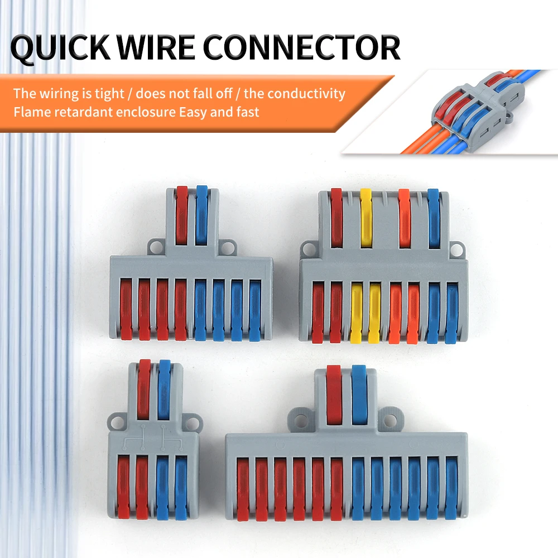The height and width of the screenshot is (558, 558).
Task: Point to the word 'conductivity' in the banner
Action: [x=310, y=93]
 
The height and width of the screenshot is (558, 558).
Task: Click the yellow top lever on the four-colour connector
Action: [x=366, y=217]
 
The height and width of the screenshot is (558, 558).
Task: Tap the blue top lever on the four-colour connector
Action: [x=434, y=217]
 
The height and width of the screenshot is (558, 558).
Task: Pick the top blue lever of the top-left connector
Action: [x=201, y=214]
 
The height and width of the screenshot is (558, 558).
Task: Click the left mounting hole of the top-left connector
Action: [x=156, y=246]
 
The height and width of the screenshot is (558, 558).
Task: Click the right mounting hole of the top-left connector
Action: [x=227, y=246]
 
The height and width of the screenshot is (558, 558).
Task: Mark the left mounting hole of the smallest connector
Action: [x=117, y=420]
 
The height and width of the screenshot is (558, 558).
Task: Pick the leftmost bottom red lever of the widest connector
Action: [x=243, y=489]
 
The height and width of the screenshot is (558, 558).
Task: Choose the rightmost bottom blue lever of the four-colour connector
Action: [x=451, y=312]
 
